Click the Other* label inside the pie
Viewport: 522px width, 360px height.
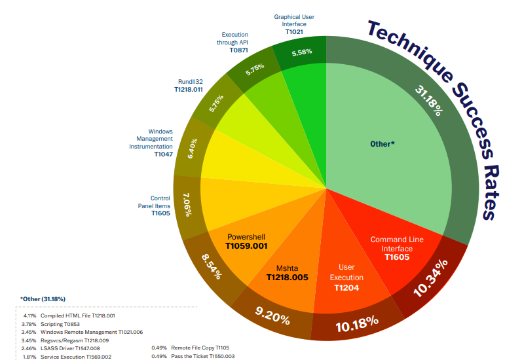point(383,143)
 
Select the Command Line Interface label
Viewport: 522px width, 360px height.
point(397,248)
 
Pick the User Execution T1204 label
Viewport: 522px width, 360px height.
point(346,277)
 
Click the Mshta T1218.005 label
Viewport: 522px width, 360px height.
point(288,273)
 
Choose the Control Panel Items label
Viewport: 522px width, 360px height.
point(160,205)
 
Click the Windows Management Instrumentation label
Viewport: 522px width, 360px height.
point(151,143)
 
